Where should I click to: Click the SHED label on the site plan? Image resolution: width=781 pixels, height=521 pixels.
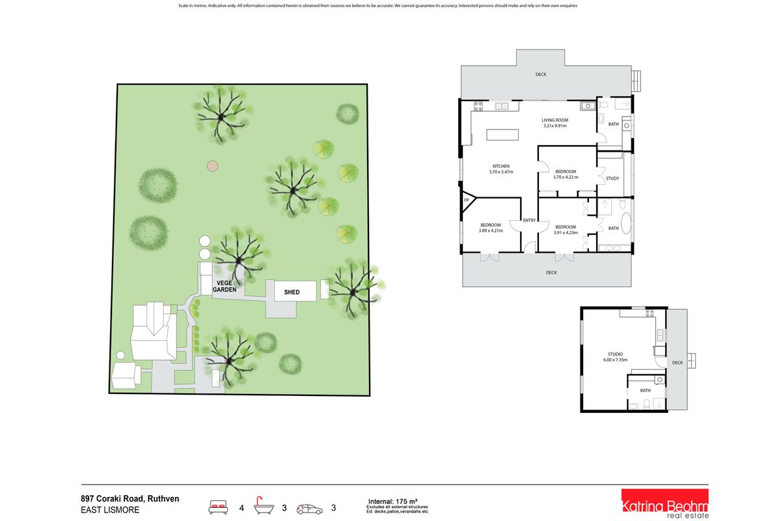(292, 292)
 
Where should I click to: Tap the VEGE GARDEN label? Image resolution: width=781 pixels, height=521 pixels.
(226, 285)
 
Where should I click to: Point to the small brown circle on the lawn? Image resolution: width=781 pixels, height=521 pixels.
(212, 166)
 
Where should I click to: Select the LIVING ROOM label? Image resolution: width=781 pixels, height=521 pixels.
(555, 120)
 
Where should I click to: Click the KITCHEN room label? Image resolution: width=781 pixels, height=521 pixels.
(500, 166)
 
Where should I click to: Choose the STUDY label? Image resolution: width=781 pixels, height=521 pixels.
(612, 178)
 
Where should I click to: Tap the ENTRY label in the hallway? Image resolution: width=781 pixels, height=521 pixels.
(529, 220)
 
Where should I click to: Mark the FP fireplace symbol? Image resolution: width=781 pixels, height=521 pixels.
(466, 201)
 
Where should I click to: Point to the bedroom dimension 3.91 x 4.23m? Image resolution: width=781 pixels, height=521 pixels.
(565, 232)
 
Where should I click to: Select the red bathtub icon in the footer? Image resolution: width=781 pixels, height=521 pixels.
(264, 505)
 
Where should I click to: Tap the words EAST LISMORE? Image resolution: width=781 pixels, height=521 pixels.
(110, 510)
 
